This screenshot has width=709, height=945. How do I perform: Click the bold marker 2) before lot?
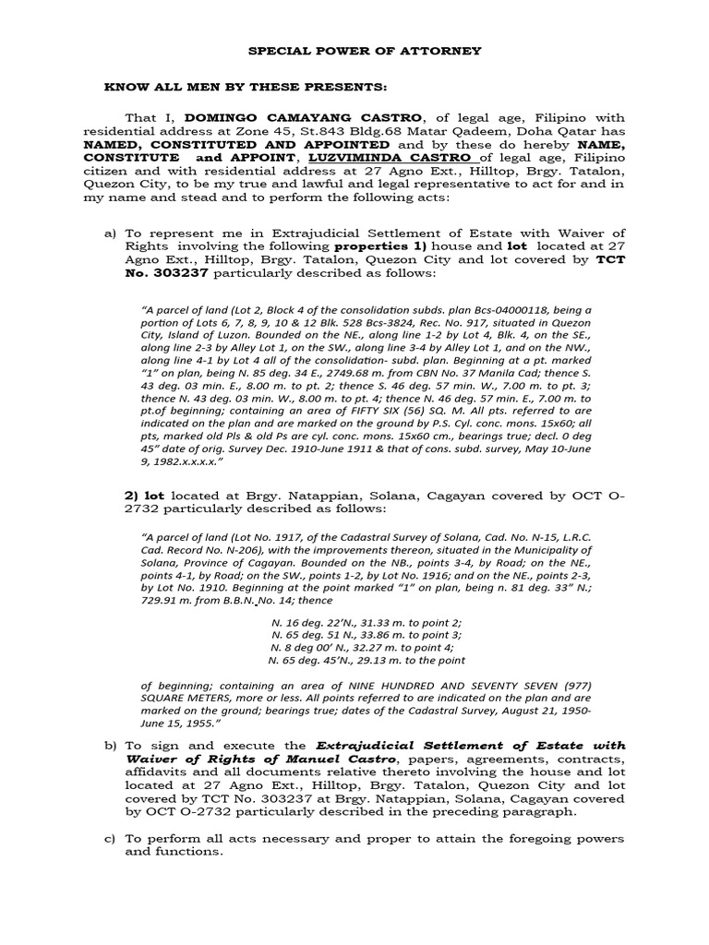[131, 496]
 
